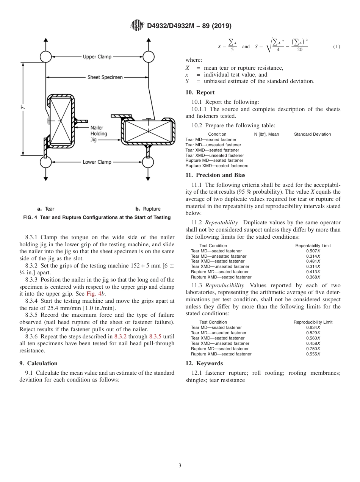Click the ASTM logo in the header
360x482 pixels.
(137, 26)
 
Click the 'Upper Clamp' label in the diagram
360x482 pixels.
(97, 57)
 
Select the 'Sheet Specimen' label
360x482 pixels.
(105, 77)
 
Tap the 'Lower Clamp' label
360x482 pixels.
(97, 162)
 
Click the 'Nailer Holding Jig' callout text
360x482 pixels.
(99, 134)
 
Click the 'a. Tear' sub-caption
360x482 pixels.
(45, 209)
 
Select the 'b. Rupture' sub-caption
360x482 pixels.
(148, 209)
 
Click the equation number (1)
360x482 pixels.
(337, 47)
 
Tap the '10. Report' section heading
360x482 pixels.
(200, 92)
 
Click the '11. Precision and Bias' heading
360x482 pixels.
(215, 175)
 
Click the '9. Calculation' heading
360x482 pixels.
(38, 363)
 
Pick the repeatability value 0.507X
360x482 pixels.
(313, 251)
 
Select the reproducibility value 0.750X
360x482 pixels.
(313, 349)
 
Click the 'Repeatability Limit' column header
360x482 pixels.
(313, 246)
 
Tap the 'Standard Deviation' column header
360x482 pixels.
(312, 134)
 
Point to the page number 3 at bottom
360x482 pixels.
(180, 466)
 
